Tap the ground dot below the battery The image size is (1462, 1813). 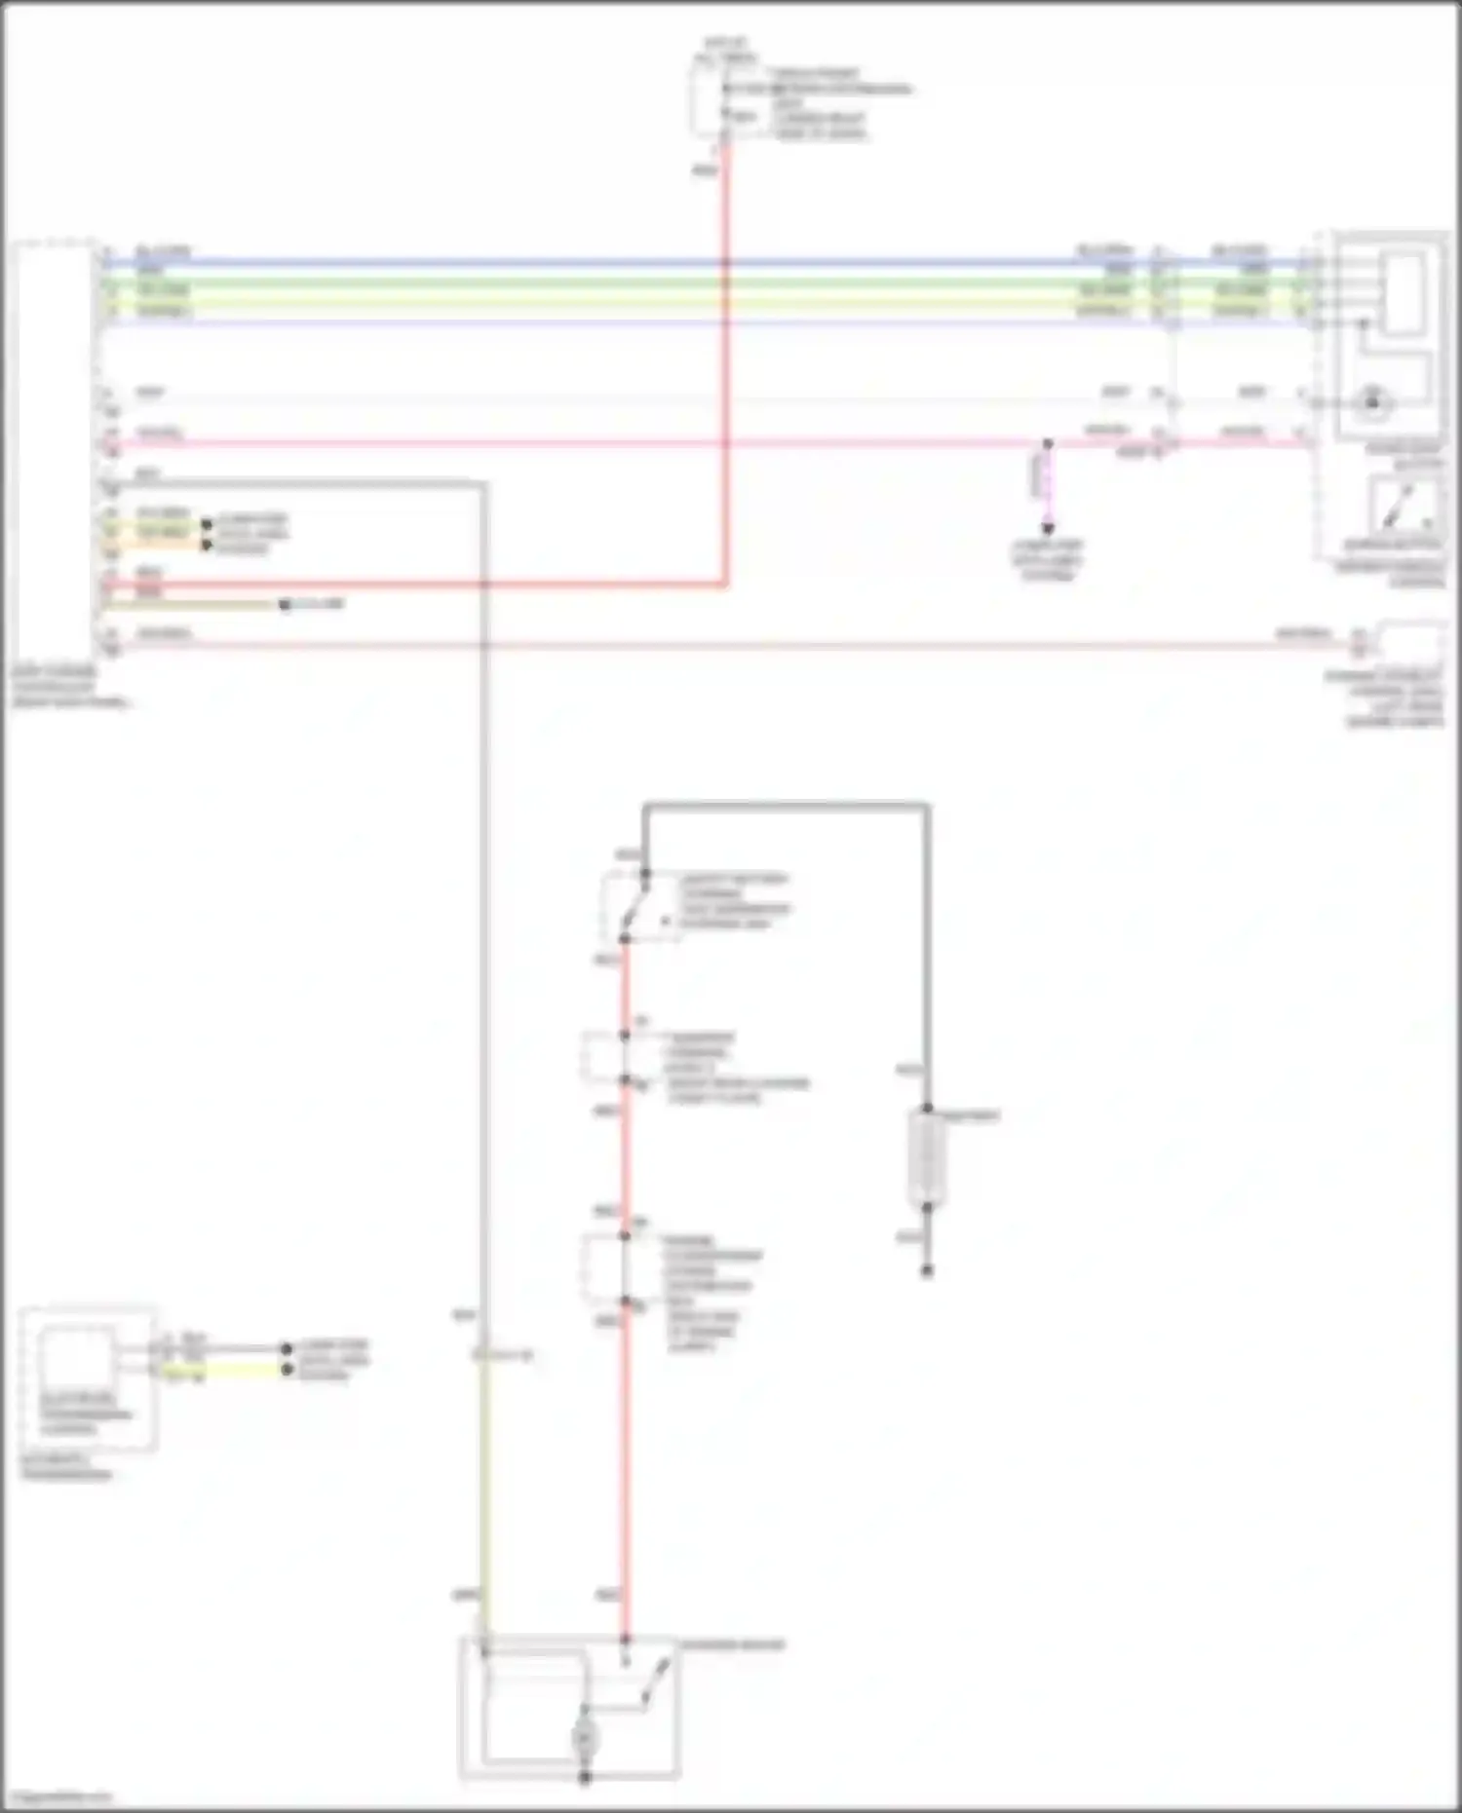click(927, 1270)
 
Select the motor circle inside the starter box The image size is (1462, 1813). click(585, 1737)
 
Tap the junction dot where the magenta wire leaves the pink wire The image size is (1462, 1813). click(1048, 444)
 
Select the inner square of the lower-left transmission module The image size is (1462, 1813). click(76, 1359)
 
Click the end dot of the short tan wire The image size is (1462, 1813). click(285, 605)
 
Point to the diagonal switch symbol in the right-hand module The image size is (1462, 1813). click(1401, 505)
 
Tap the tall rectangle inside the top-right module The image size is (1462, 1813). click(1404, 292)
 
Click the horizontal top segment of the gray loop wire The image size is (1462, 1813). click(785, 806)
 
